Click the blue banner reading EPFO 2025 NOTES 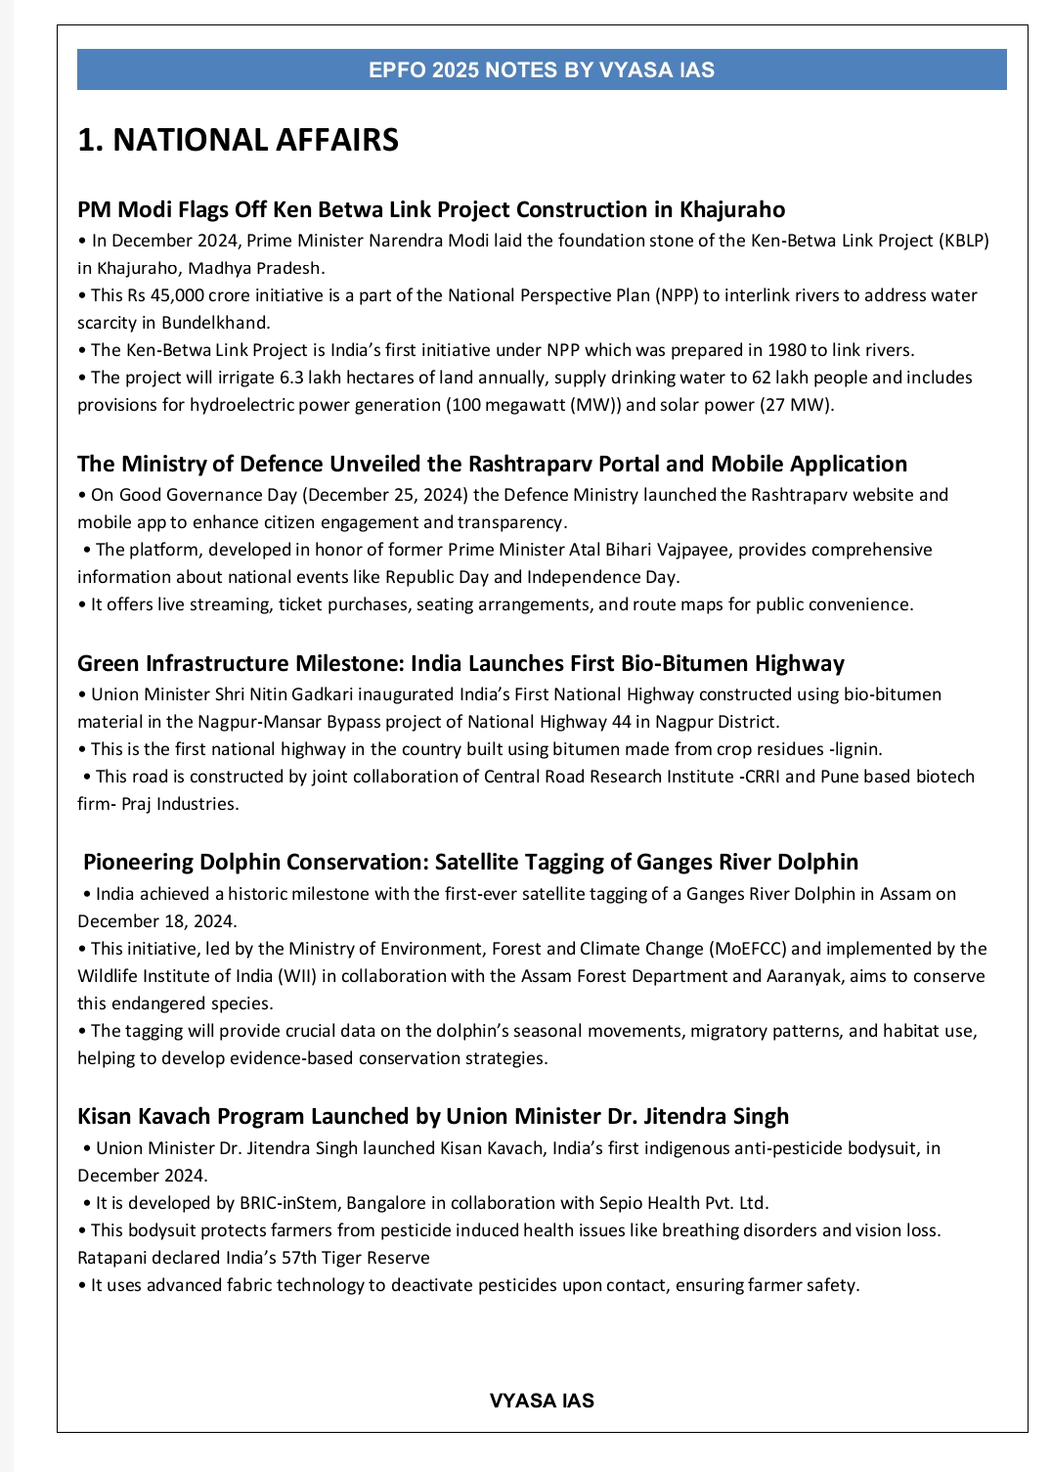(x=541, y=70)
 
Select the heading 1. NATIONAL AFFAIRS (x=238, y=140)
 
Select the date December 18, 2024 (x=156, y=921)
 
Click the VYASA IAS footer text (x=541, y=1401)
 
